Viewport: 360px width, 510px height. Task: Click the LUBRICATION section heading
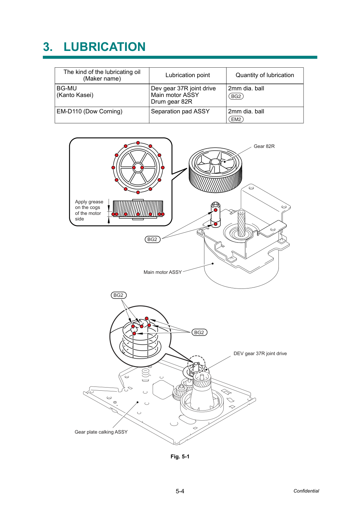pos(94,47)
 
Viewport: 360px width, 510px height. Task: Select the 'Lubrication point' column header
pos(187,75)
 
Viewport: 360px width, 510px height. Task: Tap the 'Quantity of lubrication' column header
pos(265,75)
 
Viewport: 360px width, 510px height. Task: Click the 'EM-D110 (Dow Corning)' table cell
pos(89,111)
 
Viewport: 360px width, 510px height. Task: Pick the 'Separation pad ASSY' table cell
pos(180,111)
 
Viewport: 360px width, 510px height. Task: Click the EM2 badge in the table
pos(236,119)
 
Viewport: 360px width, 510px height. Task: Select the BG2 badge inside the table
pos(236,96)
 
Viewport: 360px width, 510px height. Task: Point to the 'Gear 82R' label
pos(264,146)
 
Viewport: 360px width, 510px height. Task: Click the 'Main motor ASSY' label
pos(163,272)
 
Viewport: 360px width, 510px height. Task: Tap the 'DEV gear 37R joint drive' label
pos(260,353)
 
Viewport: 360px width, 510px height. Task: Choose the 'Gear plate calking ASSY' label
pos(101,432)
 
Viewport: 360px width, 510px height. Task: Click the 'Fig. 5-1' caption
pos(180,457)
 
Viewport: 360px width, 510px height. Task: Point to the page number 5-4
pos(180,491)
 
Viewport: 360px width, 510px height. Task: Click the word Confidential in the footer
pos(306,491)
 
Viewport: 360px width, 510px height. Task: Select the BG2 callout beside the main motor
pos(153,239)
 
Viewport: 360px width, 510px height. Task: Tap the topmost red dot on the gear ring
pos(138,143)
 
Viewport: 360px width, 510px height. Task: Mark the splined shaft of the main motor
pos(242,224)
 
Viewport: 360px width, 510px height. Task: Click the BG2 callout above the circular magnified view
pos(118,295)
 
